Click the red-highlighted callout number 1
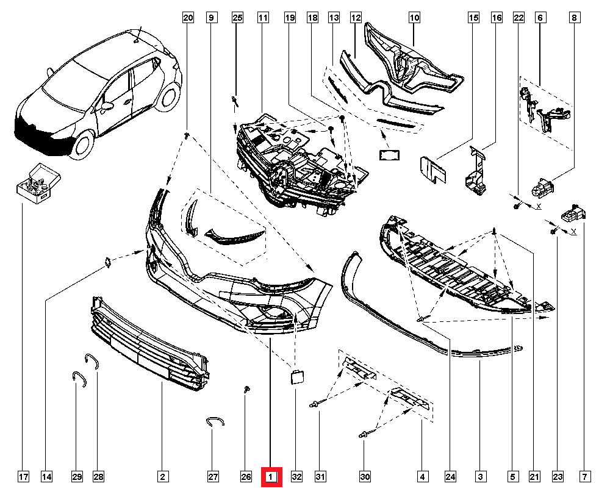pyautogui.click(x=271, y=476)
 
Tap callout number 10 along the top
pyautogui.click(x=414, y=18)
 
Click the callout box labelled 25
pyautogui.click(x=237, y=18)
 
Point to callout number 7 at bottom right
pyautogui.click(x=585, y=476)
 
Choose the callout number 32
pyautogui.click(x=296, y=476)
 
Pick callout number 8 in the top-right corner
pyautogui.click(x=574, y=18)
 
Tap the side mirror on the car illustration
pyautogui.click(x=108, y=107)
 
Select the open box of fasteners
pyautogui.click(x=38, y=181)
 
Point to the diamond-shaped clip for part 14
pyautogui.click(x=107, y=263)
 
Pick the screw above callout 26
pyautogui.click(x=246, y=389)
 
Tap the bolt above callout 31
pyautogui.click(x=315, y=404)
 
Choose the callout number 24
pyautogui.click(x=451, y=476)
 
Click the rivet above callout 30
pyautogui.click(x=363, y=434)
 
